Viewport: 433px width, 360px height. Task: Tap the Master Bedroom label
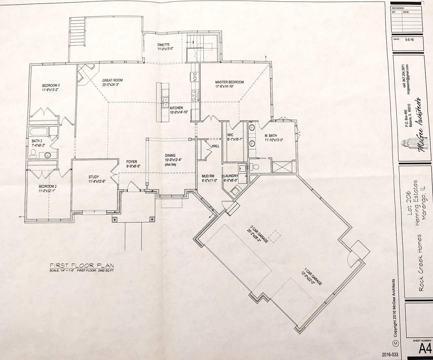click(x=229, y=82)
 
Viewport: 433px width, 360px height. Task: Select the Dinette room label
click(x=164, y=45)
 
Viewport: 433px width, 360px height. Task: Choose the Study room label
click(x=94, y=177)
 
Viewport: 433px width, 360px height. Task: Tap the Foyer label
click(x=131, y=162)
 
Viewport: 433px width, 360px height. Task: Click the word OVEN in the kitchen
click(x=193, y=77)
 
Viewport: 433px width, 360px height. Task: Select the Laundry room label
click(x=231, y=176)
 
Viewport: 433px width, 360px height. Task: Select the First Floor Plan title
click(x=82, y=265)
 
